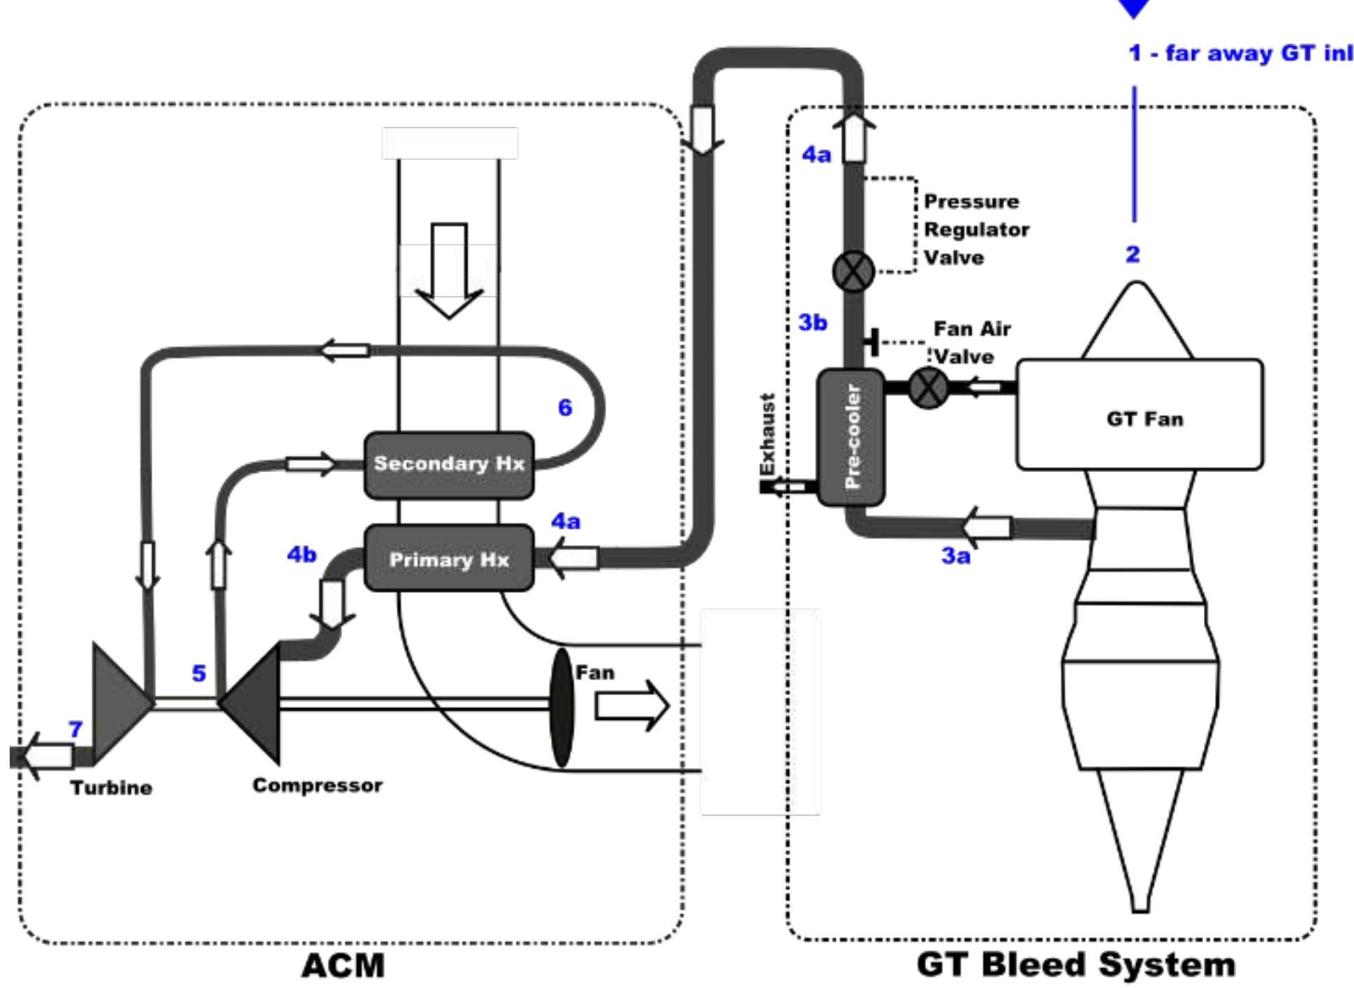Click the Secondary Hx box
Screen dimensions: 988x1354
tap(449, 464)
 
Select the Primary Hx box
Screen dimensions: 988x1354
tap(449, 559)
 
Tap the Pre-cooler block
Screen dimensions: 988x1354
tap(851, 437)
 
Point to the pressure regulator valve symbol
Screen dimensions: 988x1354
tap(853, 271)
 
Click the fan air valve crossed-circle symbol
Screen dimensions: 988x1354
tap(928, 388)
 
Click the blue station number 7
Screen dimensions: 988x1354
tap(75, 729)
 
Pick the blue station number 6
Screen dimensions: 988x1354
tap(565, 408)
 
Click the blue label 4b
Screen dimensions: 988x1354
tap(302, 554)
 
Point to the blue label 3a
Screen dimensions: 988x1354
tap(955, 556)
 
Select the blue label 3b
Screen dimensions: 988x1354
tap(812, 323)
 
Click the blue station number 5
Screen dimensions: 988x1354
tap(199, 673)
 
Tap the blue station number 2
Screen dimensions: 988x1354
tap(1132, 254)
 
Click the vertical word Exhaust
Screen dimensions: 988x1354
tap(767, 434)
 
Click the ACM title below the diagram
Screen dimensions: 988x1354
tap(343, 966)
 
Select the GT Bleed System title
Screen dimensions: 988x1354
tap(1075, 964)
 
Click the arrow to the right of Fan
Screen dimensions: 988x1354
tap(631, 706)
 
